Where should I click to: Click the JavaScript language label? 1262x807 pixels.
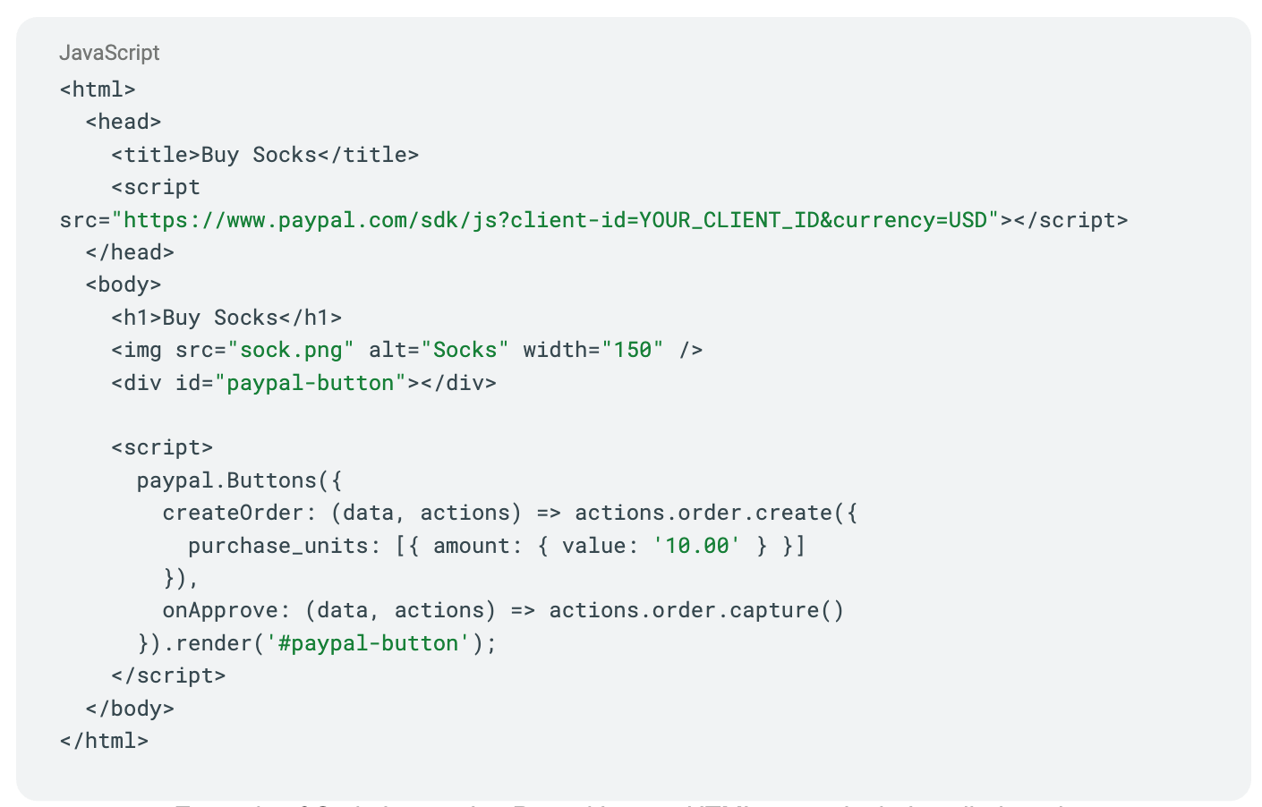pyautogui.click(x=109, y=53)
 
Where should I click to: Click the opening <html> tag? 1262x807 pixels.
pyautogui.click(x=98, y=89)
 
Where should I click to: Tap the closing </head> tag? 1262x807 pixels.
pyautogui.click(x=130, y=252)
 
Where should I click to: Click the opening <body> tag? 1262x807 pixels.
pyautogui.click(x=124, y=285)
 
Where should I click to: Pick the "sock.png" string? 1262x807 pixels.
pyautogui.click(x=291, y=350)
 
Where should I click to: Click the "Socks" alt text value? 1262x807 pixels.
pyautogui.click(x=465, y=350)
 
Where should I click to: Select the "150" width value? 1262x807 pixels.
pyautogui.click(x=633, y=350)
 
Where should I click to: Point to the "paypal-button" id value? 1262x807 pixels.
pyautogui.click(x=311, y=383)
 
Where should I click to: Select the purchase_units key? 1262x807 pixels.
pyautogui.click(x=277, y=546)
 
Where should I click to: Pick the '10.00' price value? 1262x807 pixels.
pyautogui.click(x=697, y=546)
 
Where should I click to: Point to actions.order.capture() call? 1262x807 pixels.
pyautogui.click(x=696, y=610)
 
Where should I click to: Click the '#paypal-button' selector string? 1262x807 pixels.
pyautogui.click(x=368, y=643)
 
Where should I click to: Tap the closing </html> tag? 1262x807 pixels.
pyautogui.click(x=104, y=741)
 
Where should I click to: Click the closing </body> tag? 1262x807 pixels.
pyautogui.click(x=130, y=709)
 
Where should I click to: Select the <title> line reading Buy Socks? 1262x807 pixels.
pyautogui.click(x=265, y=155)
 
